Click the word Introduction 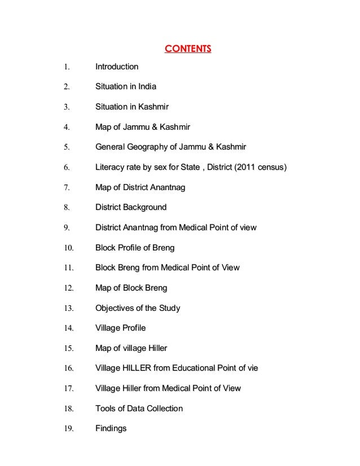(x=117, y=67)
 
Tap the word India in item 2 (x=146, y=87)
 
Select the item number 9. (x=66, y=228)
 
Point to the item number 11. (x=68, y=268)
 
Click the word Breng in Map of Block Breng (x=156, y=288)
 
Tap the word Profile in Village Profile (x=133, y=328)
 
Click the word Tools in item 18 (x=106, y=408)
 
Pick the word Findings (x=111, y=428)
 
